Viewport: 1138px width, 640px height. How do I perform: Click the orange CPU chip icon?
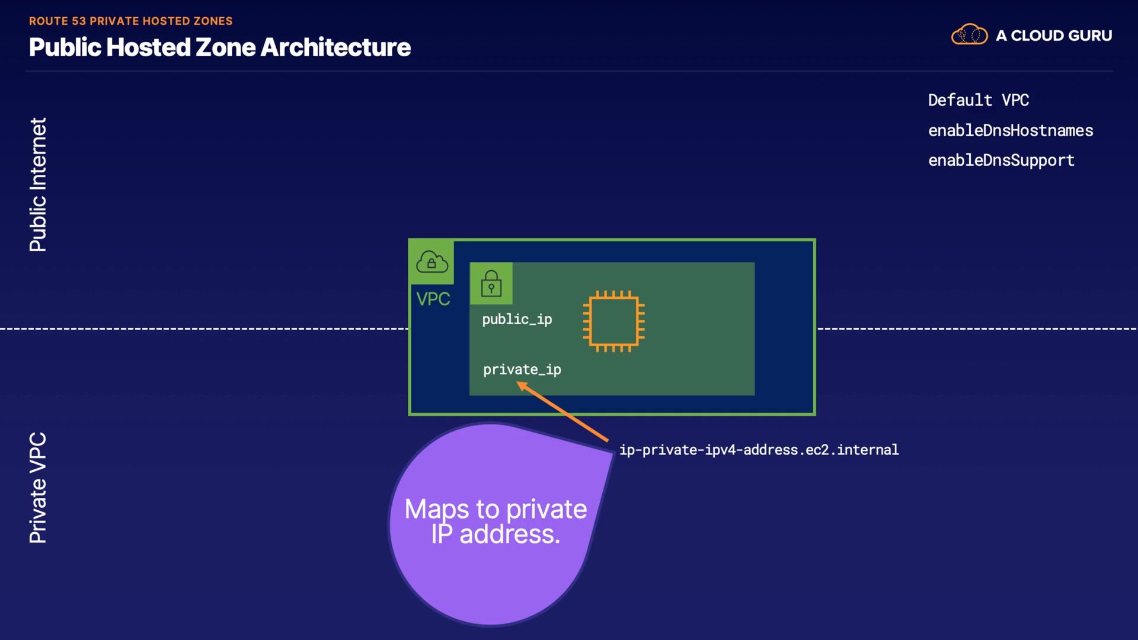pyautogui.click(x=614, y=321)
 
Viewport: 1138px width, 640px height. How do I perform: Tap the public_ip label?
pyautogui.click(x=517, y=319)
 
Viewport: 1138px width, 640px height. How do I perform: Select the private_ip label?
pyautogui.click(x=522, y=370)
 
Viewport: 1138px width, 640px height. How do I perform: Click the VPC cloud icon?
pyautogui.click(x=432, y=262)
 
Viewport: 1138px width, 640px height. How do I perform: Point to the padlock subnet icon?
pyautogui.click(x=491, y=283)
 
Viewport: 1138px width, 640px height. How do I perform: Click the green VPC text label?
pyautogui.click(x=433, y=299)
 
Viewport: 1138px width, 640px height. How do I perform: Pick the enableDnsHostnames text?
pyautogui.click(x=1011, y=130)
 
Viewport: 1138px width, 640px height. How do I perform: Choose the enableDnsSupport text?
pyautogui.click(x=1001, y=161)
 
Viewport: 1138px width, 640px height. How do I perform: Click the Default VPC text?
pyautogui.click(x=979, y=100)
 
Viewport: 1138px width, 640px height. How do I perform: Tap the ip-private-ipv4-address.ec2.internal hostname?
pyautogui.click(x=759, y=450)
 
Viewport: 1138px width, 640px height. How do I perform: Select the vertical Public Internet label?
pyautogui.click(x=38, y=185)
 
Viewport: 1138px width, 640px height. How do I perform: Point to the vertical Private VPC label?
pyautogui.click(x=38, y=488)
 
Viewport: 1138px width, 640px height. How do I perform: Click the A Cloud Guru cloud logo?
pyautogui.click(x=970, y=35)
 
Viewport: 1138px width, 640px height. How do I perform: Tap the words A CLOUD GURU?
pyautogui.click(x=1054, y=36)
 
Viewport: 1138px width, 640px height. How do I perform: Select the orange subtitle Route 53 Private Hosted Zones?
pyautogui.click(x=131, y=21)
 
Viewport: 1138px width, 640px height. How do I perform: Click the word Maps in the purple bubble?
pyautogui.click(x=437, y=510)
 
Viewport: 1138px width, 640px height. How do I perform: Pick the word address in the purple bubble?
pyautogui.click(x=510, y=534)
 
